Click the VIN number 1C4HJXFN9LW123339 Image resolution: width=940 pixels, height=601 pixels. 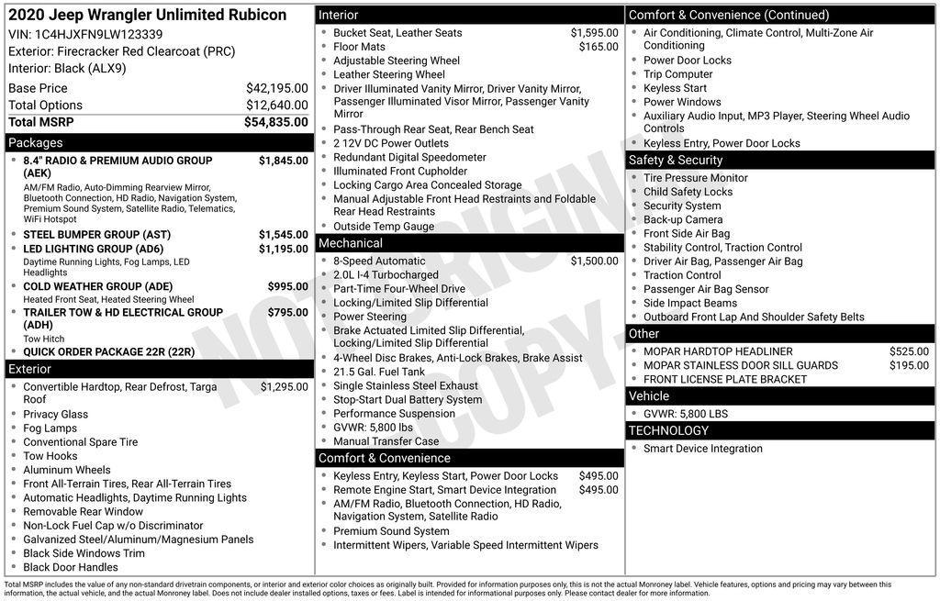99,34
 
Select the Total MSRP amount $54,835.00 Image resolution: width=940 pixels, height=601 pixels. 275,122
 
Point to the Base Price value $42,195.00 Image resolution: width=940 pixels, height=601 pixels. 276,88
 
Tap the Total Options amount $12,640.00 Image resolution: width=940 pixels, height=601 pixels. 276,106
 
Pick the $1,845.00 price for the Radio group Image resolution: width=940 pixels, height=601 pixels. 283,161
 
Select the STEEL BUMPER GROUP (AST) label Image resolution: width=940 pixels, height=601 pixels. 96,235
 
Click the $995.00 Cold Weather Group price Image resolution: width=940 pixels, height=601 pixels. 287,287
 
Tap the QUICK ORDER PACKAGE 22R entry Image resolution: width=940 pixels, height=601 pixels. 108,351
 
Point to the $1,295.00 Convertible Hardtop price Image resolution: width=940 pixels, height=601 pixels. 284,387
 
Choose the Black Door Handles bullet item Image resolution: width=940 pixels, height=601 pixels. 71,567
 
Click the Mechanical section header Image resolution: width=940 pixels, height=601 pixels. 350,243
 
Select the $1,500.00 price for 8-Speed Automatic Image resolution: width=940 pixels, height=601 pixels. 594,262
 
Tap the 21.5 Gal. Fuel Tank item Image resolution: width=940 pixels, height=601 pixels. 379,372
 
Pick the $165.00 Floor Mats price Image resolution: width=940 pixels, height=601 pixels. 599,47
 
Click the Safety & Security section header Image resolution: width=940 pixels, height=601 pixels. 676,160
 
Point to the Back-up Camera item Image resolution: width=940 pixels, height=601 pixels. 683,220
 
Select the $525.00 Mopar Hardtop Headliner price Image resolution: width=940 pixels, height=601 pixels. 909,351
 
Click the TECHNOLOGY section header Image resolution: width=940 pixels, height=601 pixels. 668,430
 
